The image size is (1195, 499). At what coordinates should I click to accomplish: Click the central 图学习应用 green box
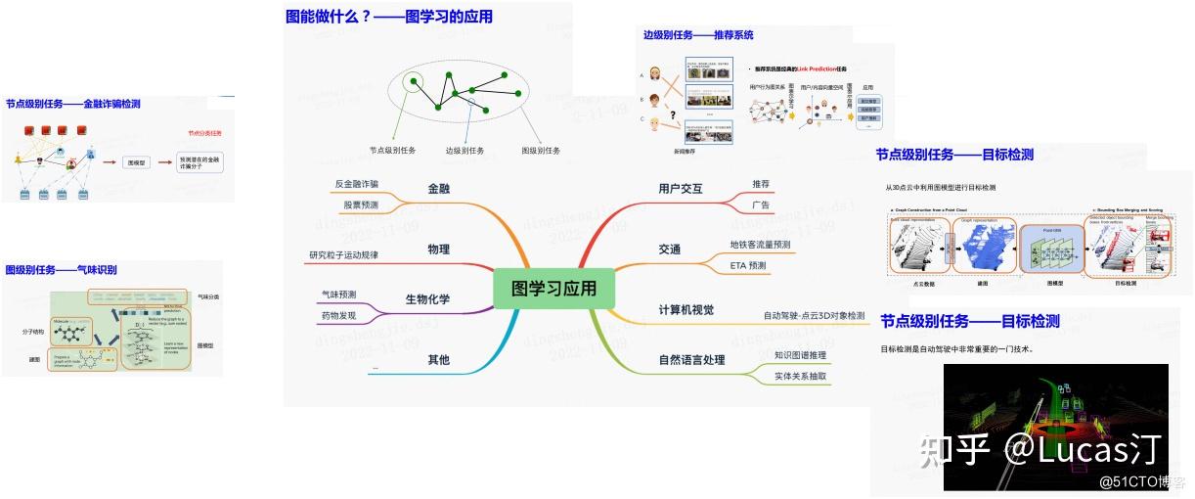[x=553, y=289]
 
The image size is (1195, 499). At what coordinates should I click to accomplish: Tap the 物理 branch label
[x=438, y=249]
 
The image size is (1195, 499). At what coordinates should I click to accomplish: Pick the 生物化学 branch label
[x=427, y=298]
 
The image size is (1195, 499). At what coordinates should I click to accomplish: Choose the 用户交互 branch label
[x=681, y=188]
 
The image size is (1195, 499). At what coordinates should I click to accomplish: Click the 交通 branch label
[x=670, y=249]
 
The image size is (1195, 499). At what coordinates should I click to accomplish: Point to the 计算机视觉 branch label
[x=686, y=310]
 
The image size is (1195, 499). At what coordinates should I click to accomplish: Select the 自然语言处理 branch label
[x=692, y=360]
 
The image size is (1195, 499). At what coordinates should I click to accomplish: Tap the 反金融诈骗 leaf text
[x=356, y=183]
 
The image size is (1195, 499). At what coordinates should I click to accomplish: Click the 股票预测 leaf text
[x=361, y=205]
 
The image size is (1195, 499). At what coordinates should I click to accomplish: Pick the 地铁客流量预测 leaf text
[x=760, y=245]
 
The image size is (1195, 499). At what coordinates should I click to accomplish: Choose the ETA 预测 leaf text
[x=748, y=265]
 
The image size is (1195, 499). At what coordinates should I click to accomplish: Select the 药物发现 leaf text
[x=338, y=316]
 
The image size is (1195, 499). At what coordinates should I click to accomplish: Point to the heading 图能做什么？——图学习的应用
[x=388, y=16]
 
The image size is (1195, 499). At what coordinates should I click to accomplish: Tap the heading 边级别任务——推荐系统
[x=697, y=35]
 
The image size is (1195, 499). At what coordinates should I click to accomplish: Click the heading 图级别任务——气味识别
[x=61, y=270]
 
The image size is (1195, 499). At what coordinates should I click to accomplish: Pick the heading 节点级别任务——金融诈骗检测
[x=72, y=104]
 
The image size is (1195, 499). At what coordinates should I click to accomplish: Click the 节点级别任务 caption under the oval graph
[x=392, y=151]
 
